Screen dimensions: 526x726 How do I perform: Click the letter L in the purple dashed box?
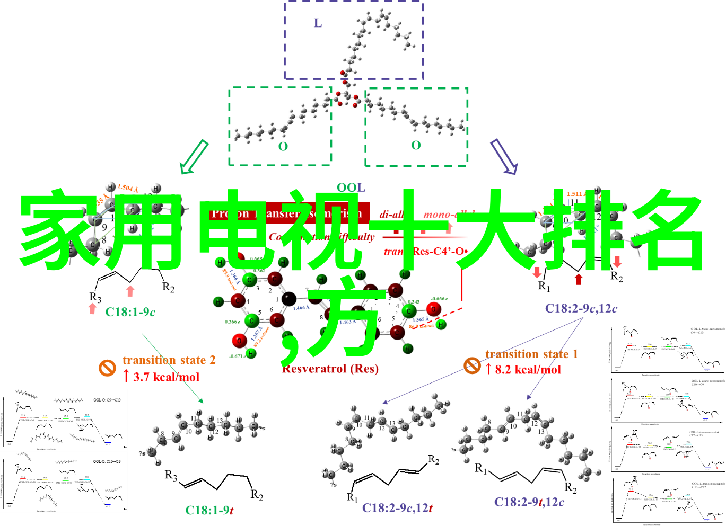click(318, 23)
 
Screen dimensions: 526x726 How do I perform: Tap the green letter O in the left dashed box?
click(283, 147)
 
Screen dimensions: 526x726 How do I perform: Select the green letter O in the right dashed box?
click(416, 145)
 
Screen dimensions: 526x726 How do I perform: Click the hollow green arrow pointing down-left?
click(194, 157)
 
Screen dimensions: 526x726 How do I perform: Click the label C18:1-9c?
click(130, 312)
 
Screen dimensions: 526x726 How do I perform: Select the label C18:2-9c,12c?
click(581, 308)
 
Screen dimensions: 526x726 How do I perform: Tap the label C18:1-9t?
click(209, 510)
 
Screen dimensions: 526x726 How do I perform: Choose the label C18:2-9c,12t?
click(397, 508)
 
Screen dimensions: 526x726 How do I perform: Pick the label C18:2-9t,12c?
click(529, 502)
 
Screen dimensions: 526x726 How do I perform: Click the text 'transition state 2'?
click(169, 360)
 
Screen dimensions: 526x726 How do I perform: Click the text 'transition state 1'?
click(531, 354)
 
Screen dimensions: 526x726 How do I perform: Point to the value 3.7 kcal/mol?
click(166, 377)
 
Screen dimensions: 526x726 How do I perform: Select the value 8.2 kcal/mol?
click(528, 370)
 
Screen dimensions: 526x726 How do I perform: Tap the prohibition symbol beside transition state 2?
click(107, 368)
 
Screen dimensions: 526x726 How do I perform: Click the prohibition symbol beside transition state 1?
click(472, 365)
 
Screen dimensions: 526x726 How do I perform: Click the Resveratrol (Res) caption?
click(330, 369)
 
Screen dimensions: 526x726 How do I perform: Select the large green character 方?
click(345, 320)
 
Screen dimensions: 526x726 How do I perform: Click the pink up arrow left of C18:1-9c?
click(92, 309)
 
